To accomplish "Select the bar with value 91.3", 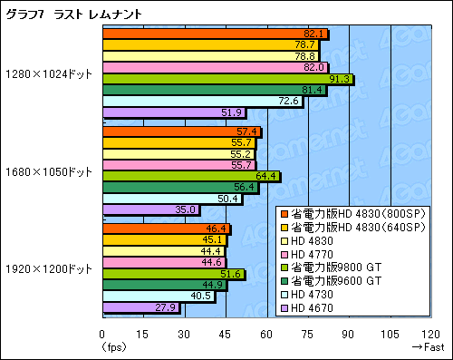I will click(x=226, y=79).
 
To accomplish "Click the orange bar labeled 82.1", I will click(x=215, y=34).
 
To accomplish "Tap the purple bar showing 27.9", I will click(x=141, y=307).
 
